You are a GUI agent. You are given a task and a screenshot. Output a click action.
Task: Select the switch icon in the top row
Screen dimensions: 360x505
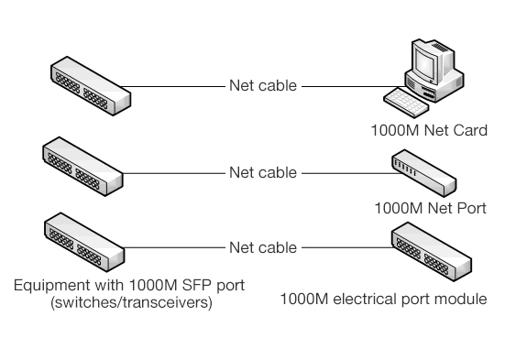coord(88,85)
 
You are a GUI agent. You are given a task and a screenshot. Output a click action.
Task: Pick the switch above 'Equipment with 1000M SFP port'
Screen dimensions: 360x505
coord(83,242)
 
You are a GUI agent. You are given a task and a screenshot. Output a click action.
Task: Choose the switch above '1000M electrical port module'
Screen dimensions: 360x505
coord(432,252)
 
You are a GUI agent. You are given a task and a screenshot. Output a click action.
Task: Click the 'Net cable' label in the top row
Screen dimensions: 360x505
coord(262,88)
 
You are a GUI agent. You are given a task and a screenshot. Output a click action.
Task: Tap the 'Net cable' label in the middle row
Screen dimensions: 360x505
coord(262,171)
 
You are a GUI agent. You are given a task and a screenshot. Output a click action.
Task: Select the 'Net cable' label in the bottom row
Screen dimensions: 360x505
coord(262,247)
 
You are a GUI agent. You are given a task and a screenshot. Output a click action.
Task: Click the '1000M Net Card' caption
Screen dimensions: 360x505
coord(429,130)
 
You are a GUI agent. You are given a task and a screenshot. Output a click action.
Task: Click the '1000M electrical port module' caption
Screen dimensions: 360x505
coord(383,299)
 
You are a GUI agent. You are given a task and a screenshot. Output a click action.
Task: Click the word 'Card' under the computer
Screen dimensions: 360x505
coord(467,130)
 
